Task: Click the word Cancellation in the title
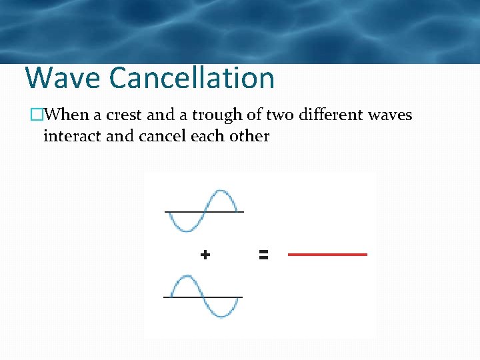click(192, 78)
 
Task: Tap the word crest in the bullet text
click(125, 115)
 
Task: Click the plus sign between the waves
click(205, 254)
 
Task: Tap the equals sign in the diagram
click(263, 254)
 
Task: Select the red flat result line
click(327, 254)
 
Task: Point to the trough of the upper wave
click(185, 230)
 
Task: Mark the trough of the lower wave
click(224, 315)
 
